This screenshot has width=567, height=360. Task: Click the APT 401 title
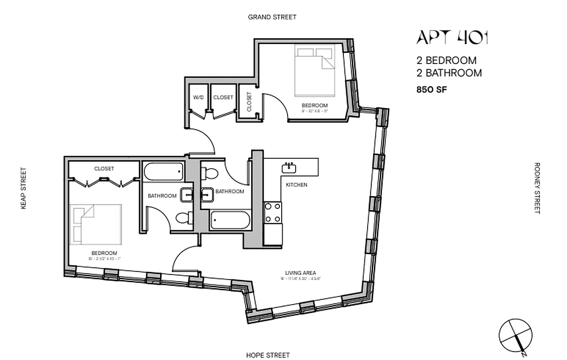pos(452,38)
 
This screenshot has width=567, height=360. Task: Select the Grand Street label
pos(272,17)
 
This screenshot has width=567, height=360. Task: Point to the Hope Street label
pos(268,355)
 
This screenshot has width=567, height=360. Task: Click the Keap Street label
pos(23,189)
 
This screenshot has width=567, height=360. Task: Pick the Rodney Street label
pos(536,188)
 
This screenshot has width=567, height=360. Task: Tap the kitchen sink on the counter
pos(288,168)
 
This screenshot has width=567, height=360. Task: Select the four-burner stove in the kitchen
pos(273,213)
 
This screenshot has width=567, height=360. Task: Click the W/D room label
pos(198,97)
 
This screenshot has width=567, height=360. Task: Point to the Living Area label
pos(300,273)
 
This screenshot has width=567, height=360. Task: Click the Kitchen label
pos(297,185)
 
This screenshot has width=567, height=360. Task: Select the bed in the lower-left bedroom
pos(96,223)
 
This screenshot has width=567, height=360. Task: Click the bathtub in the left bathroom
pos(163,171)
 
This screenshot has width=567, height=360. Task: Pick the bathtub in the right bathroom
pos(229,220)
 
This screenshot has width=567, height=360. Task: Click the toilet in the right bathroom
pos(210,173)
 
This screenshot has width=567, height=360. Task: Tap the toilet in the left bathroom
pos(183,219)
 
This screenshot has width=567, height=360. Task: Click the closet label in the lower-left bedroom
pos(104,169)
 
